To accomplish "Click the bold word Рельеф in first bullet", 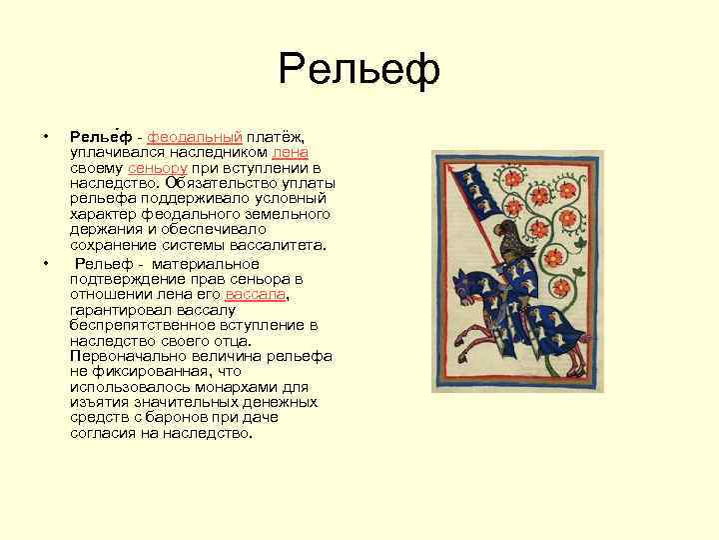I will pyautogui.click(x=103, y=136).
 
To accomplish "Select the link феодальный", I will pyautogui.click(x=196, y=136).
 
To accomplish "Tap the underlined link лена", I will pyautogui.click(x=290, y=152).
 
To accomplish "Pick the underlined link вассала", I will pyautogui.click(x=257, y=295).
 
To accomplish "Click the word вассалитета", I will pyautogui.click(x=297, y=246).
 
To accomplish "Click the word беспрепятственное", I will pyautogui.click(x=139, y=326).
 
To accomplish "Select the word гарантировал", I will pyautogui.click(x=118, y=310).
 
